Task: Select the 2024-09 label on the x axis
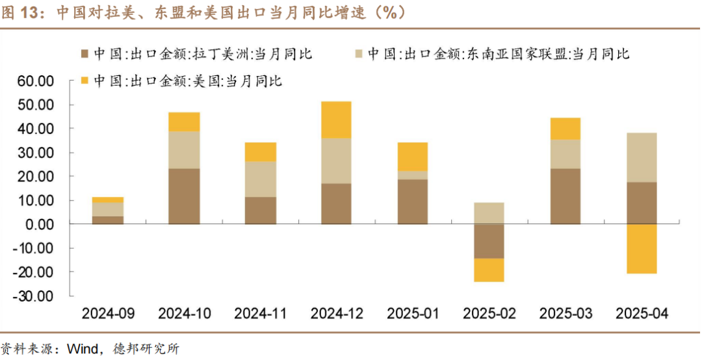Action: pos(108,314)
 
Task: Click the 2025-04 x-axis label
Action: pos(642,314)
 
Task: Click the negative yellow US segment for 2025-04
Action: pos(642,249)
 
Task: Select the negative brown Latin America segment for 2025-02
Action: pos(489,241)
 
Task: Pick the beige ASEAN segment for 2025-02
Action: pos(489,213)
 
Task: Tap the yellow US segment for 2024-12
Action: pos(337,120)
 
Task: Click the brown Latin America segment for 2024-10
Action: pos(184,196)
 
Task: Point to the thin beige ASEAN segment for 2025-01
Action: pos(413,175)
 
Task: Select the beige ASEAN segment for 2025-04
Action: pos(642,157)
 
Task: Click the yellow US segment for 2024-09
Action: pos(108,200)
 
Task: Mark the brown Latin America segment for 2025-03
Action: pos(565,196)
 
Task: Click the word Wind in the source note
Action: pos(81,349)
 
